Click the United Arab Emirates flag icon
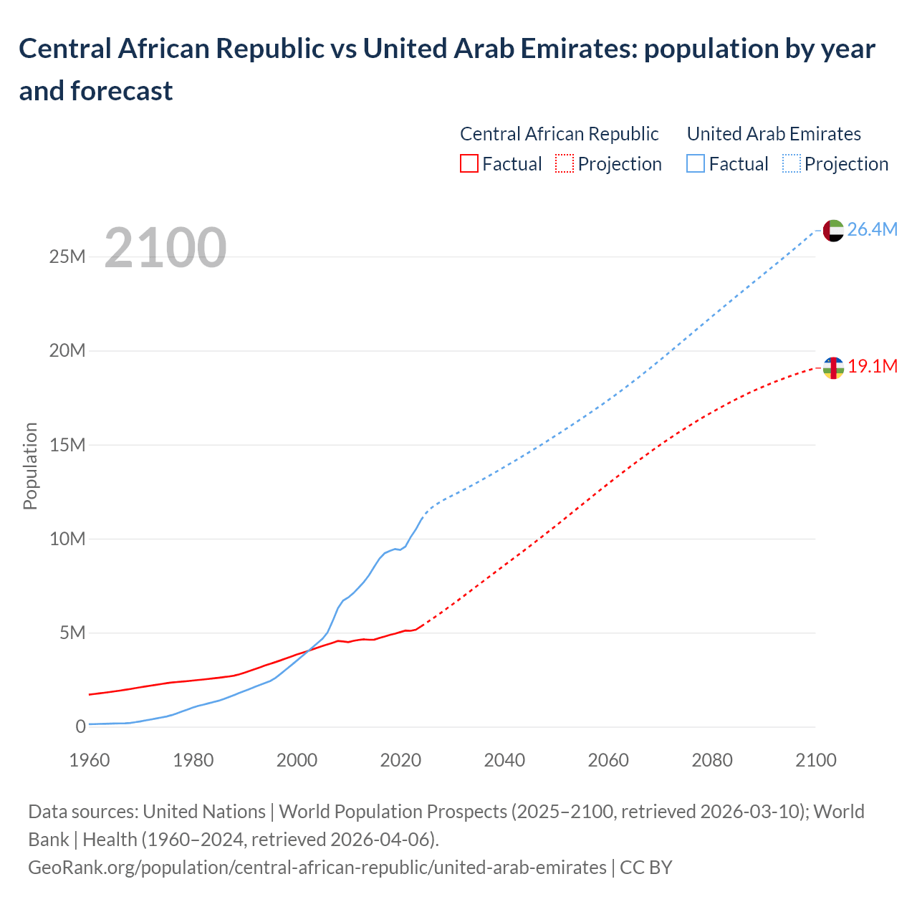pyautogui.click(x=833, y=231)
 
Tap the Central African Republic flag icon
pyautogui.click(x=833, y=368)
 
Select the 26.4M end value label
pyautogui.click(x=872, y=230)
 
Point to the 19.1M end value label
pyautogui.click(x=873, y=367)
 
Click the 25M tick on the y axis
pyautogui.click(x=67, y=257)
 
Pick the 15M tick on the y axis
pyautogui.click(x=67, y=445)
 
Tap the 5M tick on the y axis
pyautogui.click(x=72, y=633)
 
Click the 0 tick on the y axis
pyautogui.click(x=80, y=727)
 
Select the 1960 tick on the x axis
pyautogui.click(x=90, y=760)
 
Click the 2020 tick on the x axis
pyautogui.click(x=400, y=760)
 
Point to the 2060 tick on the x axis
pyautogui.click(x=608, y=760)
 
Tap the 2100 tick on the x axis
pyautogui.click(x=815, y=760)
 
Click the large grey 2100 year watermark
pyautogui.click(x=165, y=248)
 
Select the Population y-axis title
pyautogui.click(x=30, y=466)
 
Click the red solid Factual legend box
pyautogui.click(x=469, y=164)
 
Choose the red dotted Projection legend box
pyautogui.click(x=565, y=164)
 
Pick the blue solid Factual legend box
pyautogui.click(x=696, y=164)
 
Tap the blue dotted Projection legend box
pyautogui.click(x=791, y=164)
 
